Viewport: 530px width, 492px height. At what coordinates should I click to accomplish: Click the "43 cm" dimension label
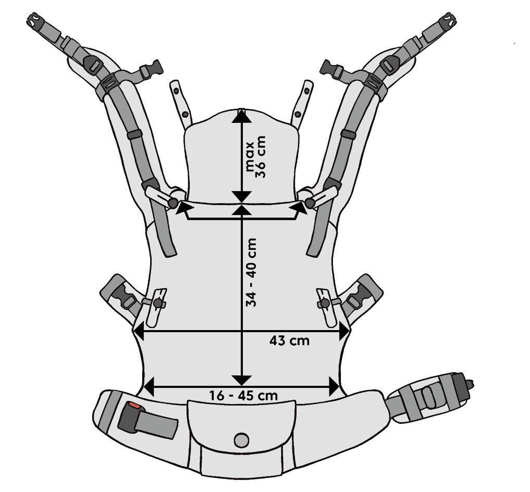pyautogui.click(x=289, y=341)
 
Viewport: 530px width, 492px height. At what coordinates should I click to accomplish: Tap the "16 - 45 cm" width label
pyautogui.click(x=243, y=395)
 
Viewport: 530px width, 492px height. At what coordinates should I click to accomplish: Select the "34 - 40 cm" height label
pyautogui.click(x=252, y=272)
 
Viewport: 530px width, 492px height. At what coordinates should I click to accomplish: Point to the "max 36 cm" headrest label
pyautogui.click(x=256, y=157)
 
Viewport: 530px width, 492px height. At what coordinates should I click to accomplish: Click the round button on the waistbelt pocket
pyautogui.click(x=241, y=440)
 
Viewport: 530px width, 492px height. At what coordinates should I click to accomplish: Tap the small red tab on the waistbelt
pyautogui.click(x=135, y=406)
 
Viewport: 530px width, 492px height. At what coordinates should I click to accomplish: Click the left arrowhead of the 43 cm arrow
pyautogui.click(x=138, y=330)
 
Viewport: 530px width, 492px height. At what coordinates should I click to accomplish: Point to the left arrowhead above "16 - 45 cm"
pyautogui.click(x=149, y=386)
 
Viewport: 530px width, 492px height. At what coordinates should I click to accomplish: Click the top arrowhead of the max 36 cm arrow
pyautogui.click(x=241, y=116)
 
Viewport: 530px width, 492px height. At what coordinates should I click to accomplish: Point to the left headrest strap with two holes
pyautogui.click(x=180, y=102)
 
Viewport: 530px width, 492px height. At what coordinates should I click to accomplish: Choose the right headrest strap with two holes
pyautogui.click(x=302, y=102)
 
